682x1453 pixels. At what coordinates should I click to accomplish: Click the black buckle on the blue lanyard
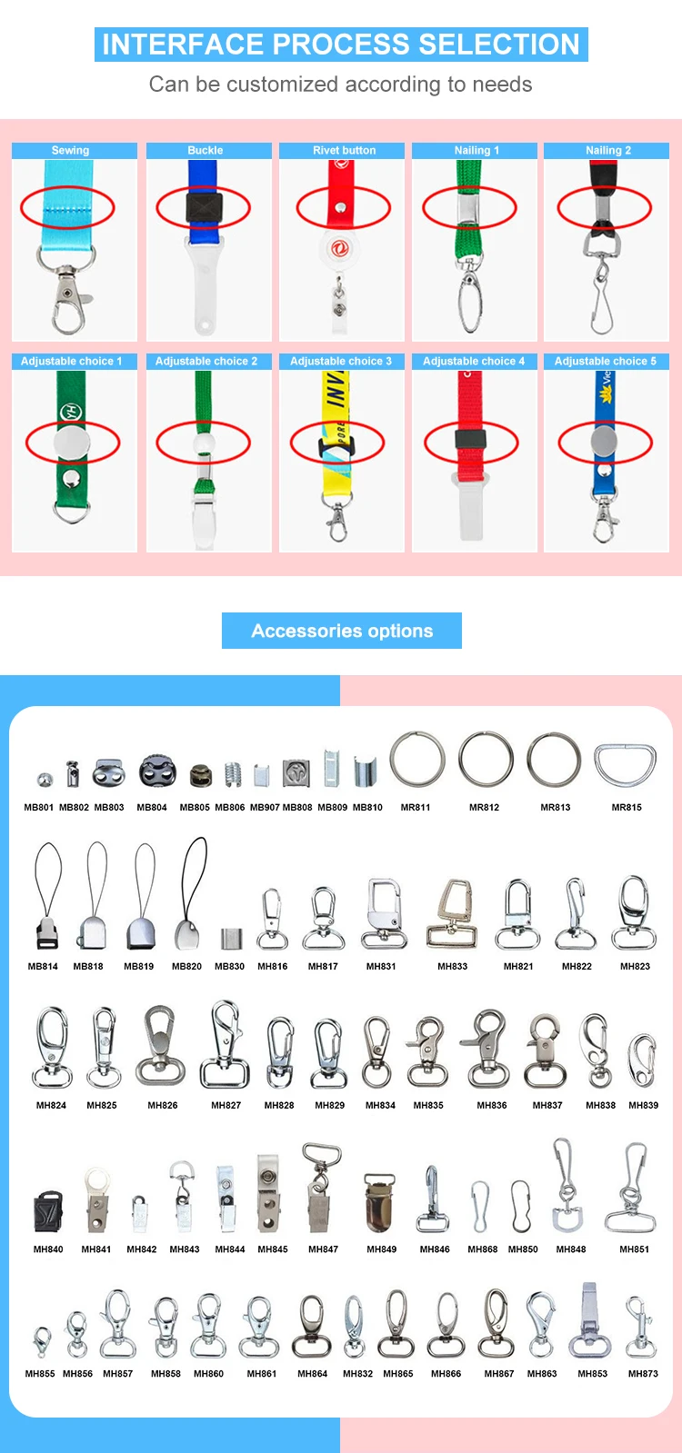coord(204,206)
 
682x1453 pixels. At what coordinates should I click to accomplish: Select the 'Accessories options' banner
coord(342,631)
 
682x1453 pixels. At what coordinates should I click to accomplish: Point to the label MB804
coord(152,808)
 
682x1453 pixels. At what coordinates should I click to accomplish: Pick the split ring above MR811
coord(417,759)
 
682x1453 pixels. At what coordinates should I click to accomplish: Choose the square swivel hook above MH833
coord(452,914)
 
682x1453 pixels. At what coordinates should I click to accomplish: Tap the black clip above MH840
coord(49,1210)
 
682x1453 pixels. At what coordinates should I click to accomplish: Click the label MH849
coord(382,1249)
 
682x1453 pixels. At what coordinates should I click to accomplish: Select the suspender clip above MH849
coord(379,1202)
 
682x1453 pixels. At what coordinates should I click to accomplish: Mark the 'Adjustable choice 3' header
coord(341,362)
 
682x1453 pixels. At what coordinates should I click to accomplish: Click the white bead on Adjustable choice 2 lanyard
coord(204,443)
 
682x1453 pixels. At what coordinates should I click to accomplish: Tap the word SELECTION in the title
coord(499,45)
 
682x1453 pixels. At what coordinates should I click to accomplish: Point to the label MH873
coord(643,1373)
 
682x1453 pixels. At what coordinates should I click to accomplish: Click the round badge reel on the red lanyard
coord(338,248)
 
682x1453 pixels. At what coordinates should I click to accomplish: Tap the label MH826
coord(162,1105)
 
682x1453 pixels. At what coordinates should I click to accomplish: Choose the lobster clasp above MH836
coord(486,1048)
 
